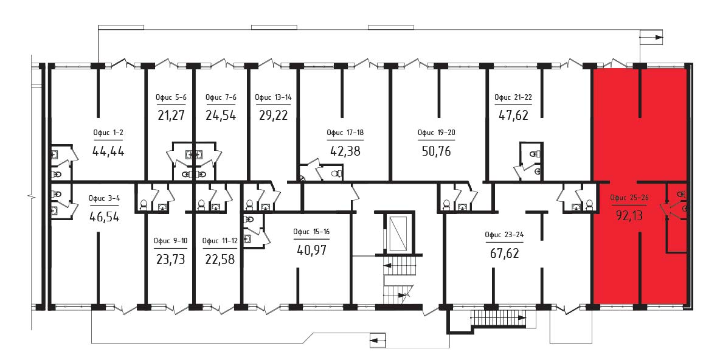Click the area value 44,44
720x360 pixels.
[108, 151]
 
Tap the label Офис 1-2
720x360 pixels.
[108, 133]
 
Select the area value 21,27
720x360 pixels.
[171, 115]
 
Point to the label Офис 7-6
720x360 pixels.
[221, 97]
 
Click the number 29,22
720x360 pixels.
[272, 115]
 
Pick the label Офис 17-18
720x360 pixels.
[345, 133]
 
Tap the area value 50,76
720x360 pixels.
[437, 151]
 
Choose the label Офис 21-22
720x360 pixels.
[513, 97]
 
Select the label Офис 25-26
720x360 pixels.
[628, 198]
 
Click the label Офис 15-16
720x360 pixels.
[311, 232]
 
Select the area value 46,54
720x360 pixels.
[105, 216]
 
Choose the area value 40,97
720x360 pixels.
[311, 251]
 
